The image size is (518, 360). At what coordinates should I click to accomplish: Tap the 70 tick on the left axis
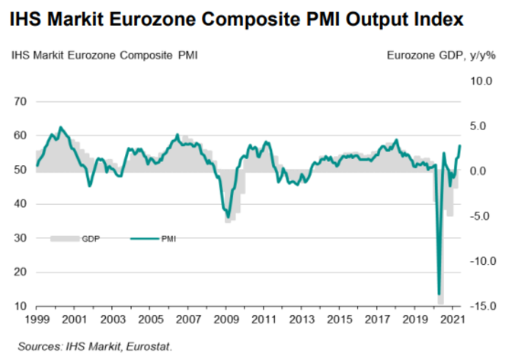coord(21,101)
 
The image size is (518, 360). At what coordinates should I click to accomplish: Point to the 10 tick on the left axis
coord(21,306)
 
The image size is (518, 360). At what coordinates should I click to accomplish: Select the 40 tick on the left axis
coord(21,204)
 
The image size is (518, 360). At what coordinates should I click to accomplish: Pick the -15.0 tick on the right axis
coord(482,306)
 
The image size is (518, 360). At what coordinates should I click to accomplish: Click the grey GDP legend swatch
coord(62,238)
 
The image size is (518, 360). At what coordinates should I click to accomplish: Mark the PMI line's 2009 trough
coord(227,215)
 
